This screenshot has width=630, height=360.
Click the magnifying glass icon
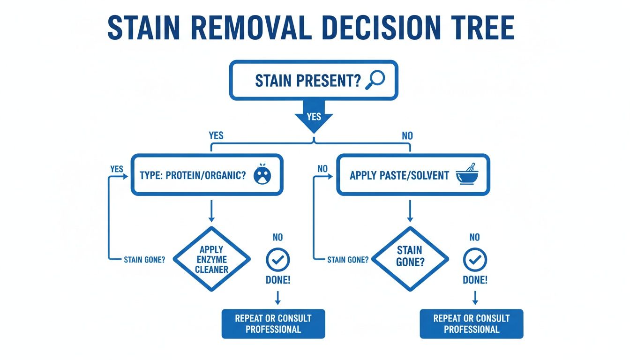click(x=375, y=80)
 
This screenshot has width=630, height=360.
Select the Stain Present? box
click(x=314, y=80)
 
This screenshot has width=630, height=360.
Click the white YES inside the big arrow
click(x=314, y=116)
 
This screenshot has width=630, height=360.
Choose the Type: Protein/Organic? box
click(x=207, y=175)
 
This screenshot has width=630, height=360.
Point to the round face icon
click(x=262, y=174)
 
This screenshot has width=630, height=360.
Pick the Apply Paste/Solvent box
click(x=413, y=175)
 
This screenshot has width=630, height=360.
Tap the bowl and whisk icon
click(x=466, y=174)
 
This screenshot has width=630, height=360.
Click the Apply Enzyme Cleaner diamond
click(x=211, y=259)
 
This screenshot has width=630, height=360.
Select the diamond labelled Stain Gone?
click(x=410, y=259)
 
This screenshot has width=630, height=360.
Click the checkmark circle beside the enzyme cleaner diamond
click(x=278, y=260)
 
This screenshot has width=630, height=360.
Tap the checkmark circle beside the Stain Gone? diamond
click(x=475, y=260)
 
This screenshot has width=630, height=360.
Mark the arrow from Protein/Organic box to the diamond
click(x=211, y=211)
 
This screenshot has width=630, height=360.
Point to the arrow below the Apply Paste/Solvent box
click(x=410, y=211)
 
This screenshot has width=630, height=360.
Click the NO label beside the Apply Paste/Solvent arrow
click(x=322, y=169)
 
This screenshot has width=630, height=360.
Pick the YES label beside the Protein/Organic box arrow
click(x=117, y=169)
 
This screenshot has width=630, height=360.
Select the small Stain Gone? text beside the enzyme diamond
click(x=144, y=260)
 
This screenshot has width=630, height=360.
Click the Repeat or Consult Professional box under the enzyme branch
click(x=273, y=324)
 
